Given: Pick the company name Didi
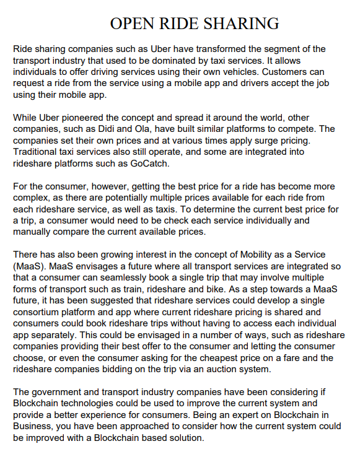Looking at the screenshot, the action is tap(113, 129).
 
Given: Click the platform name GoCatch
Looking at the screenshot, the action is tap(147, 164).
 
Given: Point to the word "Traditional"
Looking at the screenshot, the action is tap(38, 152).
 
